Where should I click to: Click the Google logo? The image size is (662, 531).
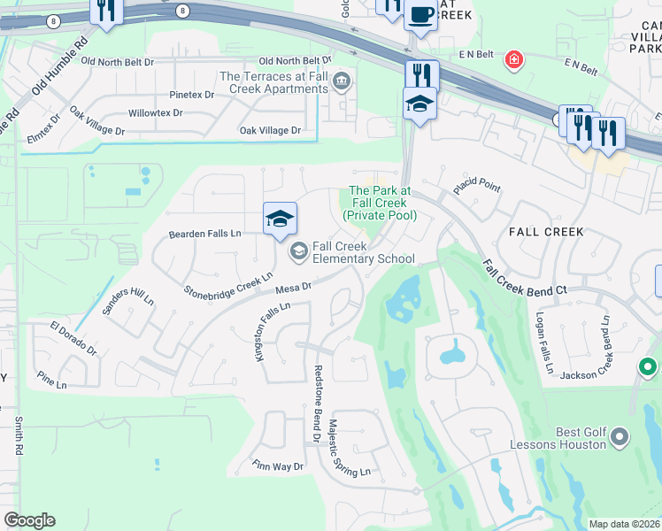[29, 520]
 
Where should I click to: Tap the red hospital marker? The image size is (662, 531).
[512, 60]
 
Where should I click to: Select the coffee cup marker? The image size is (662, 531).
[420, 16]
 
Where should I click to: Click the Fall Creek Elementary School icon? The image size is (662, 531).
[298, 253]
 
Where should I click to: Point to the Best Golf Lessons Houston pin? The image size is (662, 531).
[619, 436]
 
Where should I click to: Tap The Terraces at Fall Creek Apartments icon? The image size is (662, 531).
[343, 83]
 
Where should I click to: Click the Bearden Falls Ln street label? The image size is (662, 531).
[204, 234]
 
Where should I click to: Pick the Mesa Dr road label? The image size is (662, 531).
[294, 287]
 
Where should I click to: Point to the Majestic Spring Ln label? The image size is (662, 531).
[349, 449]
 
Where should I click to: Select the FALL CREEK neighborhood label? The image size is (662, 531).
[546, 232]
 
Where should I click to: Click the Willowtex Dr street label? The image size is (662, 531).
[155, 113]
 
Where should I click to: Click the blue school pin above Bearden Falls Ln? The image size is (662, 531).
[280, 219]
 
